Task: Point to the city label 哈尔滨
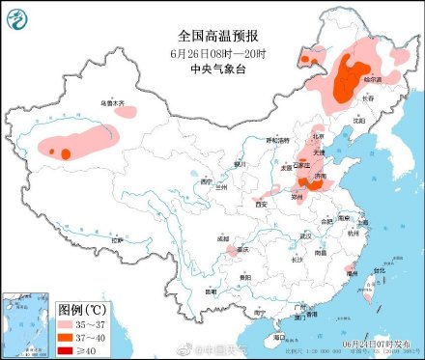coord(372,78)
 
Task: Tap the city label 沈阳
coord(358,122)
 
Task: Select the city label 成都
coord(224,237)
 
